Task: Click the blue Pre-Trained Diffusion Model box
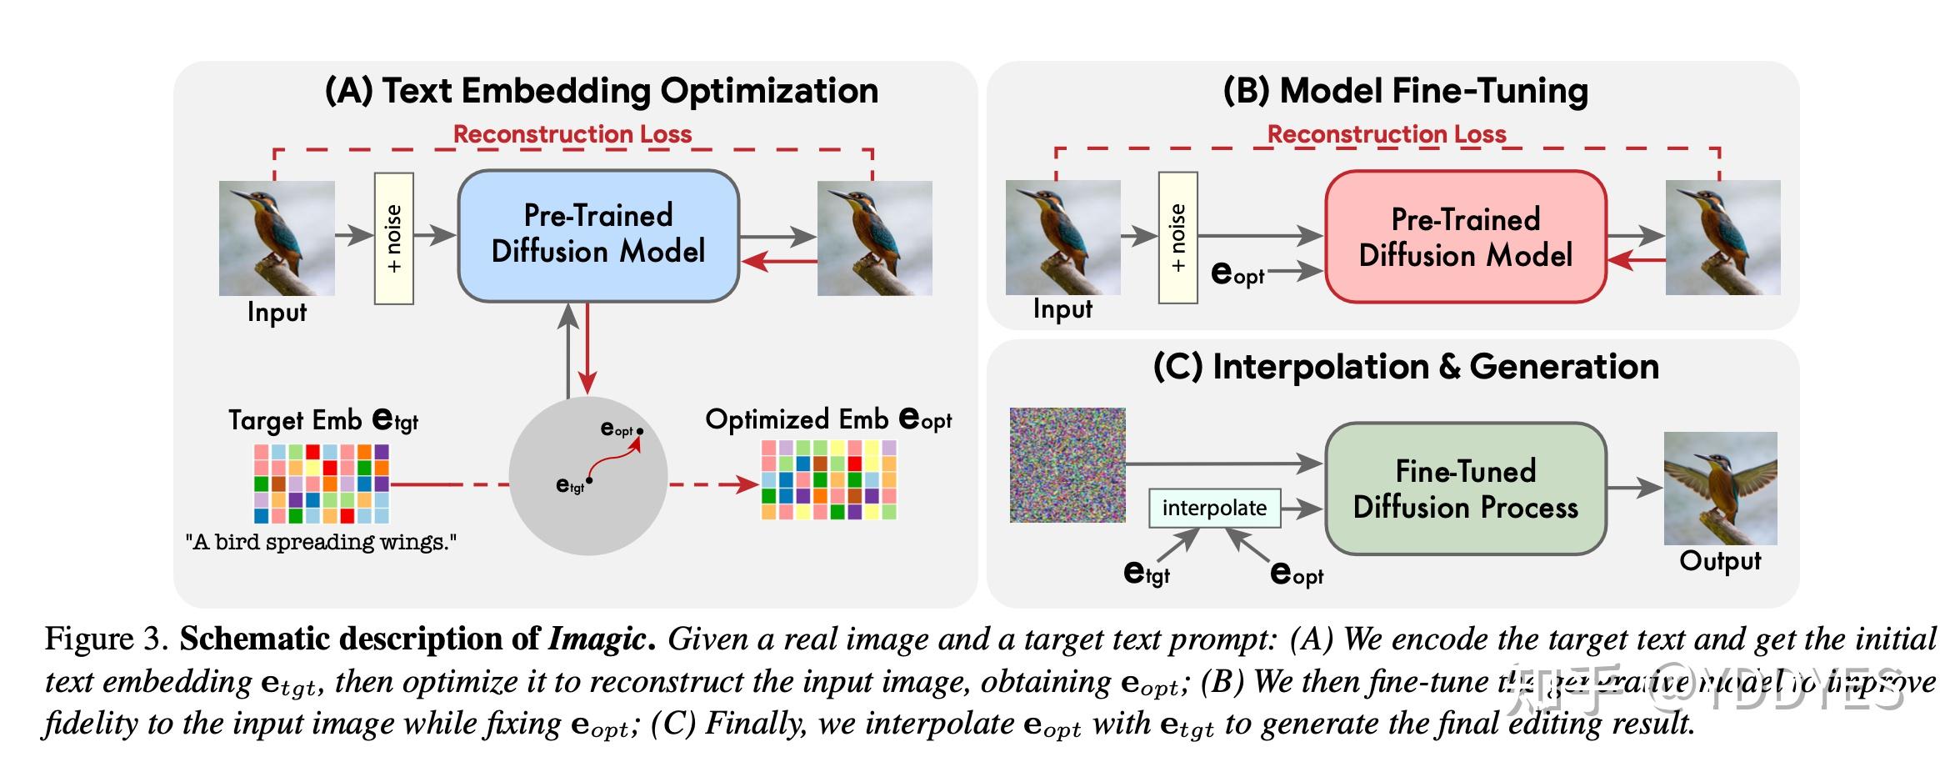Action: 597,235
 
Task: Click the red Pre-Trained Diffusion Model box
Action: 1465,237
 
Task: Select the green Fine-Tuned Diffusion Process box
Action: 1465,489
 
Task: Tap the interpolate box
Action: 1213,508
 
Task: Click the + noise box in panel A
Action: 394,238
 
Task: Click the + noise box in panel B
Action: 1177,238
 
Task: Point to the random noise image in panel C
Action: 1067,465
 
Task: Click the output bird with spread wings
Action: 1720,488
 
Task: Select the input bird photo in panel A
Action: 277,238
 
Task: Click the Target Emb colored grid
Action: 322,484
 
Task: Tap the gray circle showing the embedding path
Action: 588,476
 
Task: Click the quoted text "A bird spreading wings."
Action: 321,543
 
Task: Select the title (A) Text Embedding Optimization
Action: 601,91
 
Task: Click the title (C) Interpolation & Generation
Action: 1405,367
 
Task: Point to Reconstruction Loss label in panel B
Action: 1386,134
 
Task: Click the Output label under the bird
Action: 1720,561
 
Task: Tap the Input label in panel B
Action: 1062,309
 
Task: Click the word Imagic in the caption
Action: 596,639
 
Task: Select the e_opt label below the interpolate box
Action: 1296,574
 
